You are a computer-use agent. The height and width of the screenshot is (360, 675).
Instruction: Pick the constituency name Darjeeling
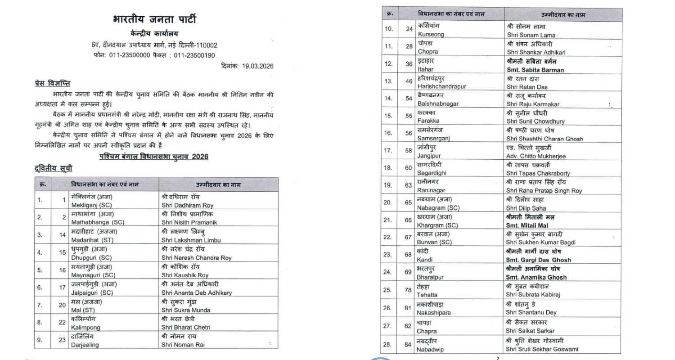pyautogui.click(x=85, y=345)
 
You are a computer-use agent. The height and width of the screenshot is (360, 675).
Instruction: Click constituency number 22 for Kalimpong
pyautogui.click(x=62, y=323)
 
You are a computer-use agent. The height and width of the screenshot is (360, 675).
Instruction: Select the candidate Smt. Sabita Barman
pyautogui.click(x=535, y=70)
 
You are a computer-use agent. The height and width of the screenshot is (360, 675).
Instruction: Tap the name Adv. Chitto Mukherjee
pyautogui.click(x=535, y=156)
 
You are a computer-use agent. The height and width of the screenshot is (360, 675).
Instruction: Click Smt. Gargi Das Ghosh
pyautogui.click(x=538, y=260)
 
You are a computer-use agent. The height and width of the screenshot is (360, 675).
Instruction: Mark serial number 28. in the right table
pyautogui.click(x=387, y=345)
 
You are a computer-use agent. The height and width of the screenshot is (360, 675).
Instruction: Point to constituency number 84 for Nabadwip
pyautogui.click(x=408, y=345)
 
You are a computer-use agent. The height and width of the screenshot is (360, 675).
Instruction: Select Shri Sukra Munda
pyautogui.click(x=185, y=310)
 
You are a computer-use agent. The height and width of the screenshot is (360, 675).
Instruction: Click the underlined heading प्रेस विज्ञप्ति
pyautogui.click(x=52, y=84)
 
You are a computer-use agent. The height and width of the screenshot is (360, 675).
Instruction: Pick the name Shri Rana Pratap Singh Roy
pyautogui.click(x=544, y=190)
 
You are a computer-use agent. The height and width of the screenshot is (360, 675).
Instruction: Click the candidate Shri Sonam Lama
pyautogui.click(x=531, y=35)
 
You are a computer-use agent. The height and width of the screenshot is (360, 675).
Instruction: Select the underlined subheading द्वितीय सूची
pyautogui.click(x=53, y=169)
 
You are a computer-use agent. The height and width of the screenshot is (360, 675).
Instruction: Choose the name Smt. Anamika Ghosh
pyautogui.click(x=536, y=277)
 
